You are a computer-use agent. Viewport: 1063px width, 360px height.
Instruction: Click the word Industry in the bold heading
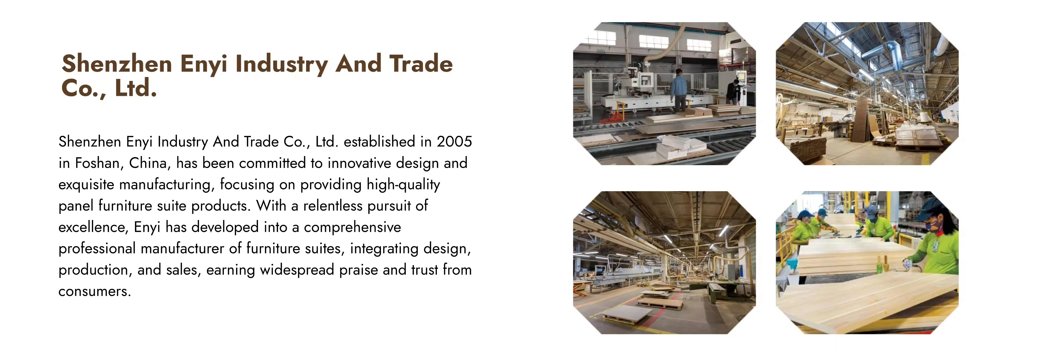point(282,64)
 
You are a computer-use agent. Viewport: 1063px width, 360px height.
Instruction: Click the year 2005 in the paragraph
point(454,142)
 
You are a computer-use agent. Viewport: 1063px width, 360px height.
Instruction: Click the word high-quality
point(403,185)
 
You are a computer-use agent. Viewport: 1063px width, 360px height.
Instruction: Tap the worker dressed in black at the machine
point(733,93)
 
